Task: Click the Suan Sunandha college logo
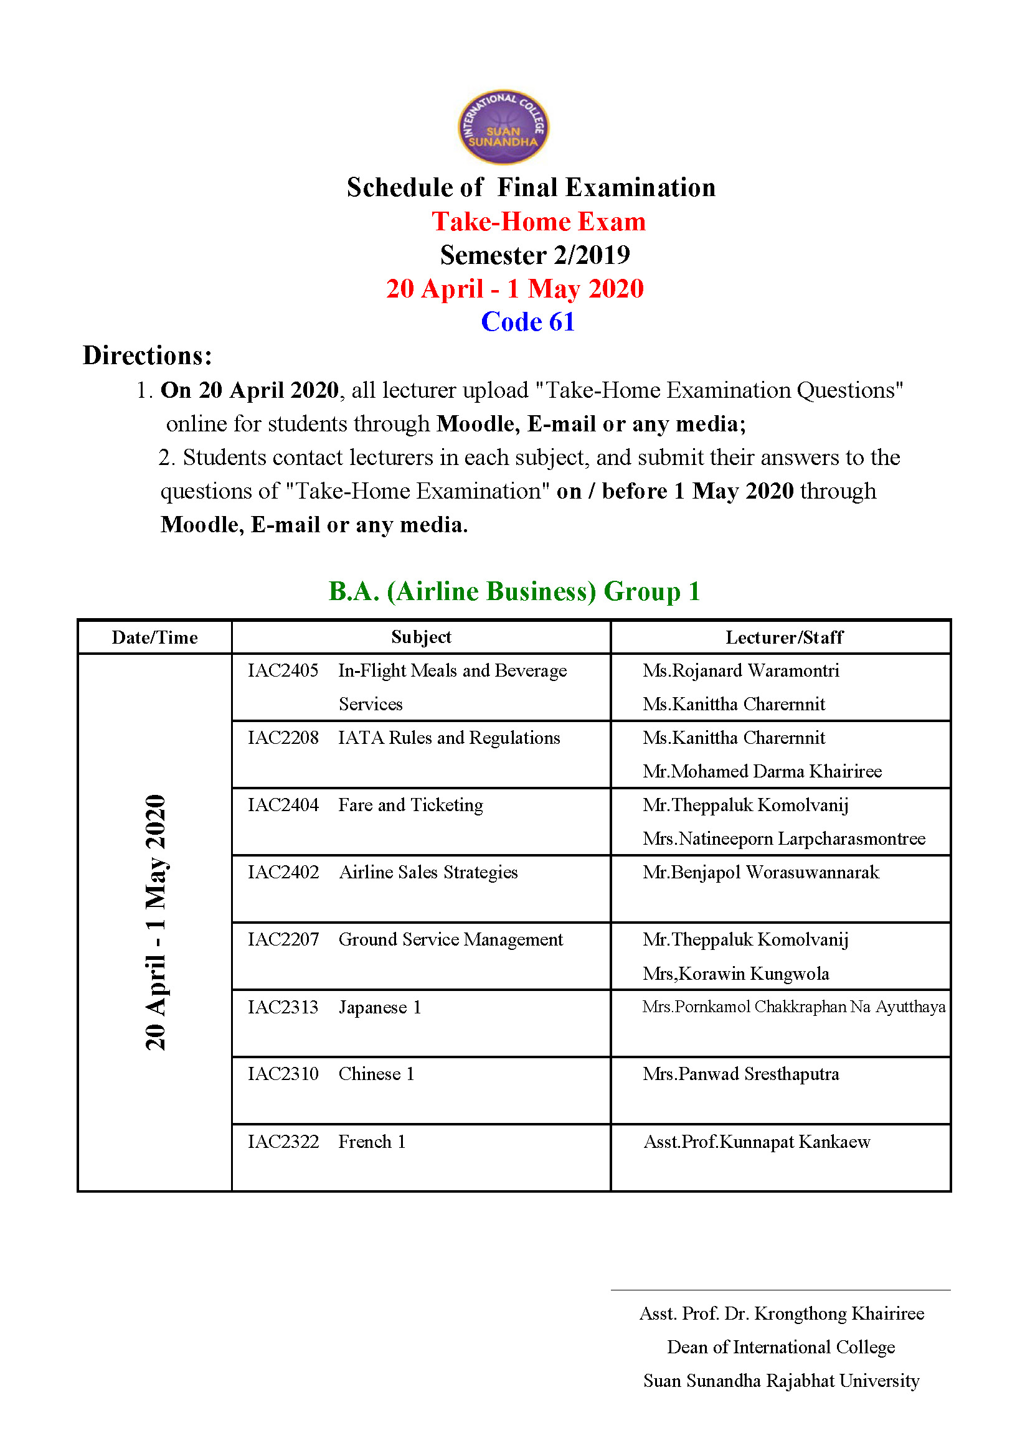tap(503, 127)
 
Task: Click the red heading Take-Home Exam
tap(539, 222)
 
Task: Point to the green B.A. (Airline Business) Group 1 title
tap(514, 591)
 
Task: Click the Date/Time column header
tap(155, 637)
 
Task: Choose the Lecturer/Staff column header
tap(784, 637)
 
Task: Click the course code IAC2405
tap(283, 670)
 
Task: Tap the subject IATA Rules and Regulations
tap(449, 738)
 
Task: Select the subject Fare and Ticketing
tap(410, 805)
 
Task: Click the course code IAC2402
tap(283, 872)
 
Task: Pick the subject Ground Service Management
tap(450, 939)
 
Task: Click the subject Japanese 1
tap(379, 1007)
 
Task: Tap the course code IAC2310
tap(283, 1074)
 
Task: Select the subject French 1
tap(372, 1142)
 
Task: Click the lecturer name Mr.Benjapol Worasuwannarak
tap(760, 872)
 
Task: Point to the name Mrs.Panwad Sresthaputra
tap(740, 1074)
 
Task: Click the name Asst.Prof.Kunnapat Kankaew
tap(757, 1142)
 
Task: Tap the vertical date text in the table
tap(156, 923)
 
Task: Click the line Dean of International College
tap(781, 1347)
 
